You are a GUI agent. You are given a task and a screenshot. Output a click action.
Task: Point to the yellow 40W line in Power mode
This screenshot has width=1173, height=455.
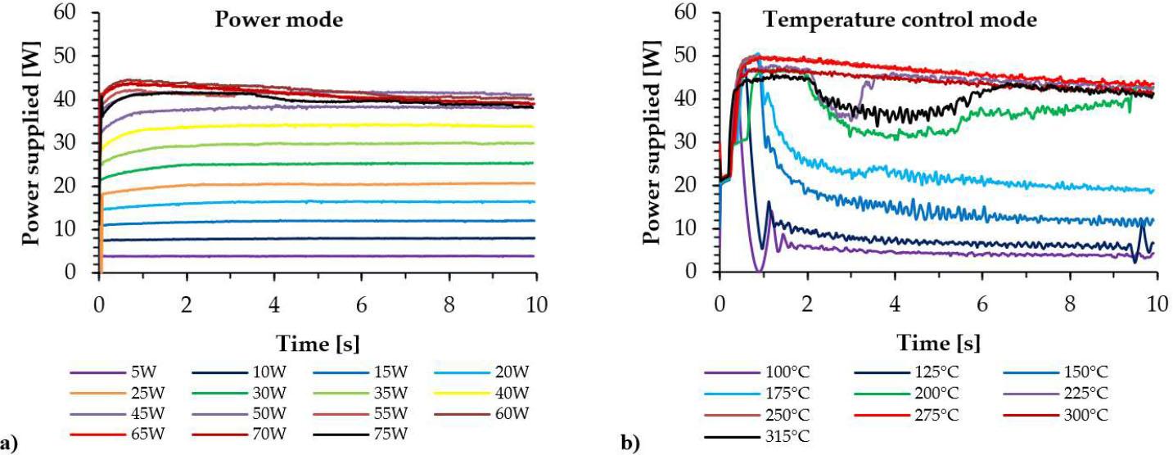point(327,125)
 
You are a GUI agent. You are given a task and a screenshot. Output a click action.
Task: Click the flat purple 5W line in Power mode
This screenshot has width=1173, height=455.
point(327,255)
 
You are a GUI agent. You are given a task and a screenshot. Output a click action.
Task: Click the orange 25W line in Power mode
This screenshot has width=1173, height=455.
point(327,183)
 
